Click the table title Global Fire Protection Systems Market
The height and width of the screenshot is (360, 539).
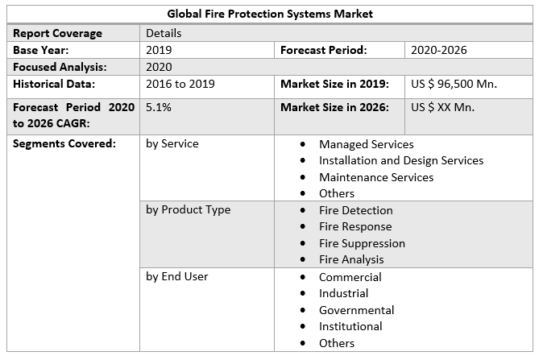pos(270,14)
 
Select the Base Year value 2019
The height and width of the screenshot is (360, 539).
pos(160,50)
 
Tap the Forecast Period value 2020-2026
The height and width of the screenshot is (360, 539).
pos(438,50)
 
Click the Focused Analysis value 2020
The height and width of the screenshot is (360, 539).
pos(160,67)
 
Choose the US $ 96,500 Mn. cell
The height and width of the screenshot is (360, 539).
pos(454,84)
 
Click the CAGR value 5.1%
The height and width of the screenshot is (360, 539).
pos(159,106)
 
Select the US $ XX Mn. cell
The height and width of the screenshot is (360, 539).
pos(442,106)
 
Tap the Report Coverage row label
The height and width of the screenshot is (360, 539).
pos(57,33)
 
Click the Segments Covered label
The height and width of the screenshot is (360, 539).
pos(64,144)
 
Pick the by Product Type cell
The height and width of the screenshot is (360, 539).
pos(188,210)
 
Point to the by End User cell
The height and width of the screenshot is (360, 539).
pos(176,276)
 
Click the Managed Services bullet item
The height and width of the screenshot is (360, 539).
pos(366,144)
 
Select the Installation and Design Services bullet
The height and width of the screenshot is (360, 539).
pos(400,160)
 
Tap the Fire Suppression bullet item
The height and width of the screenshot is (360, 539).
pos(362,243)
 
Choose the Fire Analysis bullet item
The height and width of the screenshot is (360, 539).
pos(351,259)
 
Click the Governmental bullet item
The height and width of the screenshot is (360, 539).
pos(356,310)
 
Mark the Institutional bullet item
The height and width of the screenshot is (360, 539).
pos(350,326)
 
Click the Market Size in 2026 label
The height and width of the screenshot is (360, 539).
pos(334,106)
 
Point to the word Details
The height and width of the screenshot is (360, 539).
pos(164,33)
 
